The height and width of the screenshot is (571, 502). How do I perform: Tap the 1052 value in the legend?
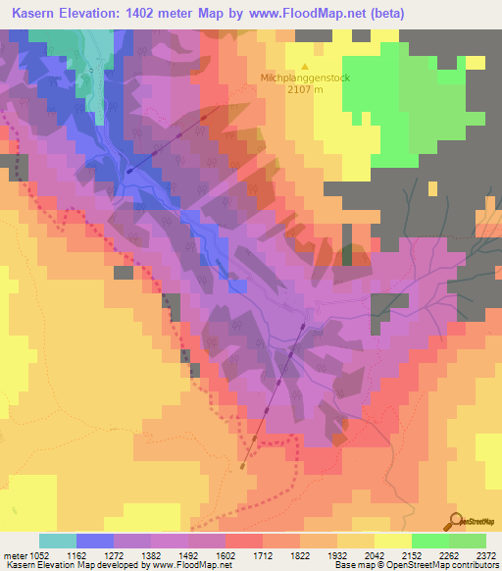(x=38, y=554)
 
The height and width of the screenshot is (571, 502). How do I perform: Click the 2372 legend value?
(x=485, y=554)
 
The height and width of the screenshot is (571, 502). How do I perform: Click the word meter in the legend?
(x=14, y=554)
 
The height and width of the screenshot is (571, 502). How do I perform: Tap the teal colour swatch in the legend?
(x=57, y=541)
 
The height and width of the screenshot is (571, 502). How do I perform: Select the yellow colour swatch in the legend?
(x=392, y=541)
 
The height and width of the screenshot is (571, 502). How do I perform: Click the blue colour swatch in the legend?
(x=94, y=541)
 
